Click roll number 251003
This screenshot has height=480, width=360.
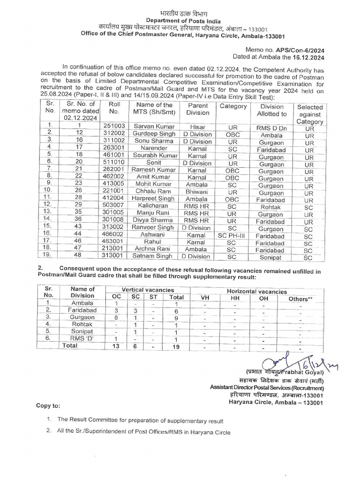coord(114,126)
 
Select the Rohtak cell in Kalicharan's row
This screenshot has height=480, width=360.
coord(271,206)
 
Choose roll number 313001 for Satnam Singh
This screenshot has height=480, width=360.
coord(114,256)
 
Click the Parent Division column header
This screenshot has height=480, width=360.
coord(198,109)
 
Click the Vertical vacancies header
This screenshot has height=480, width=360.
coord(148,290)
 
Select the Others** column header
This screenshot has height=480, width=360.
coord(300,299)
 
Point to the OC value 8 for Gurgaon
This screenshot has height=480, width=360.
coord(116,317)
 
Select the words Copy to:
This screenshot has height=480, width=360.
coord(48,405)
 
